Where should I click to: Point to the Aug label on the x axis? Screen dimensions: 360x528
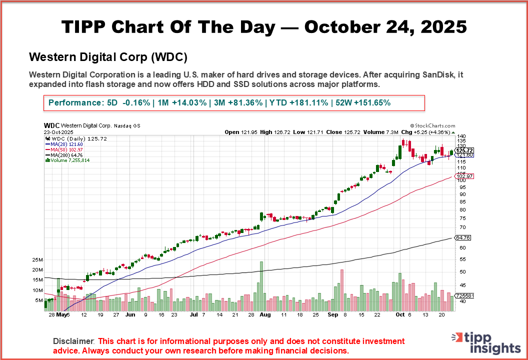[x=265, y=315]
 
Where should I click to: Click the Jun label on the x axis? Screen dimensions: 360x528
[x=130, y=315]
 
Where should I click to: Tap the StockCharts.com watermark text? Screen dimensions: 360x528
[x=432, y=126]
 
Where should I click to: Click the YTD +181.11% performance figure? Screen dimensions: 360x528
[x=299, y=102]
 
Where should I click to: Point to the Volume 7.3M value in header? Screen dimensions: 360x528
[x=388, y=132]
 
